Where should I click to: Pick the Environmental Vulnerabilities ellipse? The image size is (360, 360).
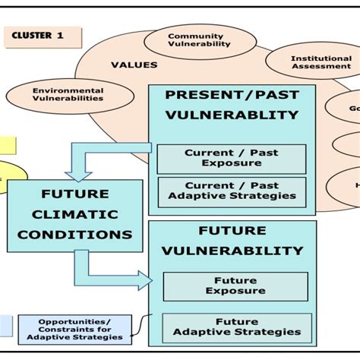coord(68,94)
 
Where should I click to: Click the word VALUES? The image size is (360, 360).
coord(134,65)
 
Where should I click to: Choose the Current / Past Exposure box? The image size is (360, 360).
coord(232,158)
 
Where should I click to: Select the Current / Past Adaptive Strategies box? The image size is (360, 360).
coord(232,191)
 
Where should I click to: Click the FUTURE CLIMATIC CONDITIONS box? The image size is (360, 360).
coord(74,215)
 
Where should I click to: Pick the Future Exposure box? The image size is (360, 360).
coord(235,286)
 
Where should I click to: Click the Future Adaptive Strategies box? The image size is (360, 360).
coord(237,327)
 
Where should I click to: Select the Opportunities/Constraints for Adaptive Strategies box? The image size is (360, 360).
coord(74,329)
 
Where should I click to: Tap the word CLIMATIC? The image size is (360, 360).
coord(74,215)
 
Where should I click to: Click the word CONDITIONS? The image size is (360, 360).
coord(74,234)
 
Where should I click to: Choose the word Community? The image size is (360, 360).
coord(196,36)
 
